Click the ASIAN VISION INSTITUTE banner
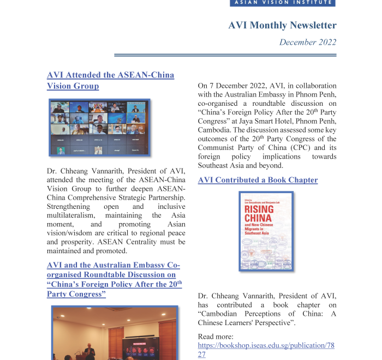point(282,3)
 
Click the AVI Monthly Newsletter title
point(282,25)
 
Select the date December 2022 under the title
point(308,42)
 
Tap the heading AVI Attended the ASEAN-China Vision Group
point(110,80)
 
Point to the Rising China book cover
point(266,231)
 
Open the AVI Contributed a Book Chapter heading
point(258,180)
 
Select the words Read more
point(216,337)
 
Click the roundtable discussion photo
point(115,333)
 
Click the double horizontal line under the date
point(225,55)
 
